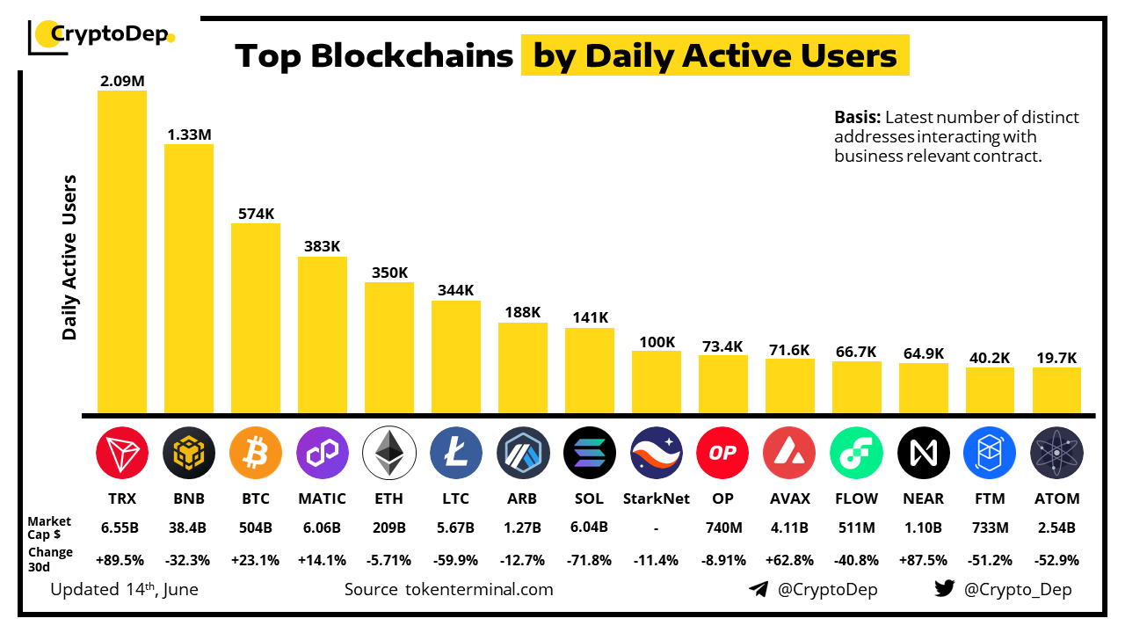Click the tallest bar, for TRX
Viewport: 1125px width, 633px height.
point(121,251)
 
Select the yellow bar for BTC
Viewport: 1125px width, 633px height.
point(255,318)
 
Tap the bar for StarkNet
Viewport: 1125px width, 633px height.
point(656,382)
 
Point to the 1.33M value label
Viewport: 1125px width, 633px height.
point(189,135)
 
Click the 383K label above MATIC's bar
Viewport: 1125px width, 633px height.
point(322,246)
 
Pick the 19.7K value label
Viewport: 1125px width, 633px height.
point(1056,357)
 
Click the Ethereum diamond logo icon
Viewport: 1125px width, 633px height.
point(388,454)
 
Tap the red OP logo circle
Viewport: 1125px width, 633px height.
point(722,454)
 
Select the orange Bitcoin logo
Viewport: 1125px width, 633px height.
point(255,454)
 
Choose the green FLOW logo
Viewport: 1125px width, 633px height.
point(856,454)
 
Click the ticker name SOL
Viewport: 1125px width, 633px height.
point(589,498)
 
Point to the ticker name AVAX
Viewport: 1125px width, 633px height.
point(789,498)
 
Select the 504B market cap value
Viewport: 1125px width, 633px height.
point(255,527)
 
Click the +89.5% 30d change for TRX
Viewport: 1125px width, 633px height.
point(121,559)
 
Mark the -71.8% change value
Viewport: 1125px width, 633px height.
point(589,559)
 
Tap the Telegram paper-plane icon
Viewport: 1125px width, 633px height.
point(758,589)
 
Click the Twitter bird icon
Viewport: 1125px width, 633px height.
point(945,589)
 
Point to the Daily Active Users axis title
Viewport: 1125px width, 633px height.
point(70,257)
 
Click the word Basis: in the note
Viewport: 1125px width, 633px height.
point(857,118)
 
